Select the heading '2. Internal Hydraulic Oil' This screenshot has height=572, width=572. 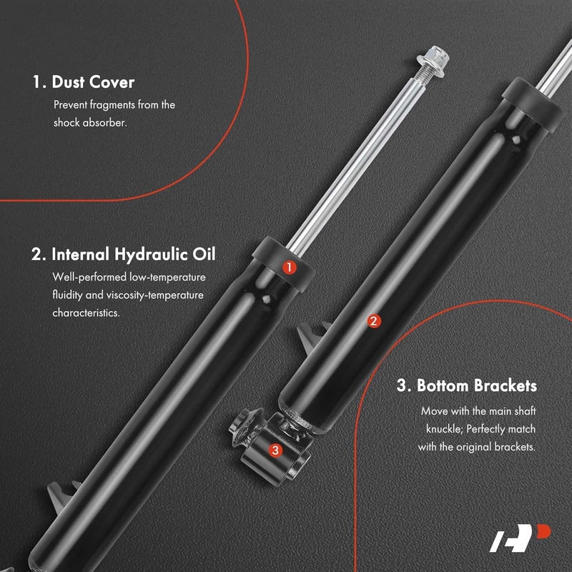124,254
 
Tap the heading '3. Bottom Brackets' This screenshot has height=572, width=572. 466,386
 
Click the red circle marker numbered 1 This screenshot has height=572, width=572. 289,267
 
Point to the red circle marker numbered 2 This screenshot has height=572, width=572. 373,321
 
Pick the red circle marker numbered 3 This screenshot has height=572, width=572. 275,450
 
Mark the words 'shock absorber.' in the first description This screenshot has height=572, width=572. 91,122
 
